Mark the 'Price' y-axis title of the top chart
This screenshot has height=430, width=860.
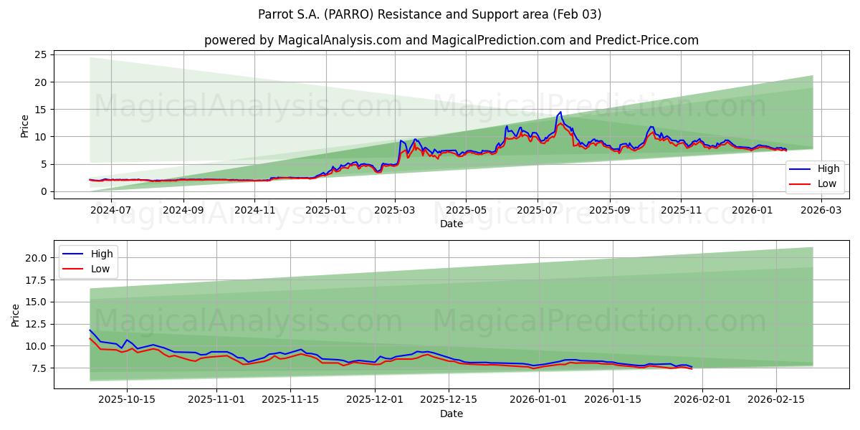[x=25, y=125]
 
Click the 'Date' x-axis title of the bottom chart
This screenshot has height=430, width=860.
[x=451, y=414]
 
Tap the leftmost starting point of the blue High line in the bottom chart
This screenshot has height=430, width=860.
[x=90, y=330]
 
